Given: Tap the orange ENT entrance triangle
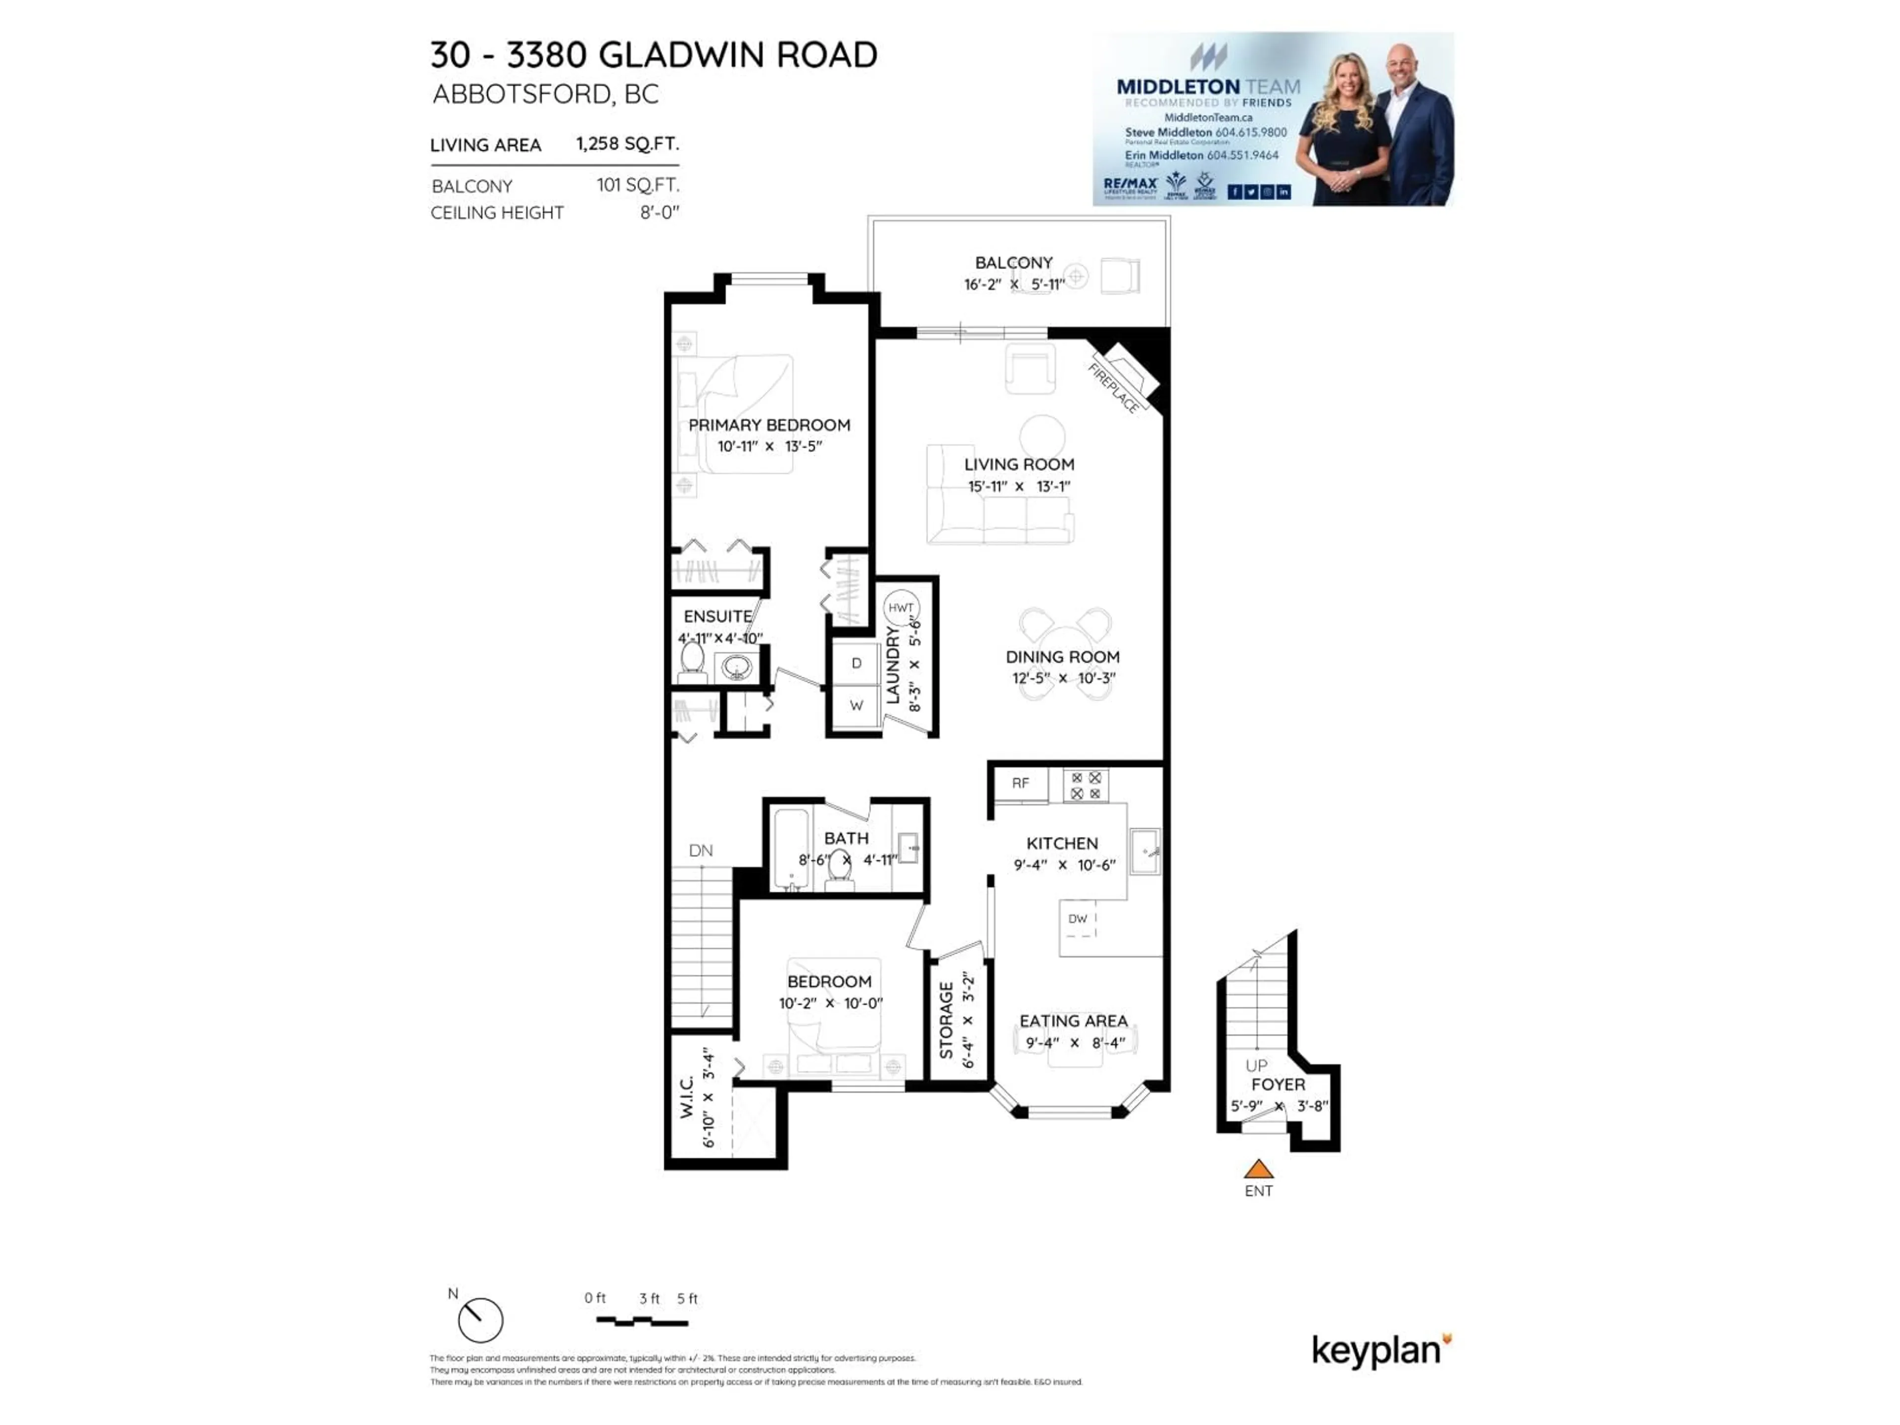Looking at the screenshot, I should pyautogui.click(x=1258, y=1169).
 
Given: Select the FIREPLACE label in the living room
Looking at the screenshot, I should pyautogui.click(x=1114, y=388).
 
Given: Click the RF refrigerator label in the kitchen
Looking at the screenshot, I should pyautogui.click(x=1020, y=783).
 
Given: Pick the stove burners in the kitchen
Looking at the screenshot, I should pyautogui.click(x=1086, y=785).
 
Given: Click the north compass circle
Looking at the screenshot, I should pyautogui.click(x=480, y=1320).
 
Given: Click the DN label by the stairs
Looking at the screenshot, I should pyautogui.click(x=701, y=851).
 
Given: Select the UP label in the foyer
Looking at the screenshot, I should pyautogui.click(x=1256, y=1065).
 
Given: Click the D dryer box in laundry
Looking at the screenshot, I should pyautogui.click(x=856, y=663).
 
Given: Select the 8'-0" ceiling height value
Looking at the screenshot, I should pyautogui.click(x=659, y=212).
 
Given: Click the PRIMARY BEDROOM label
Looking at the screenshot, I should pyautogui.click(x=769, y=425).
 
